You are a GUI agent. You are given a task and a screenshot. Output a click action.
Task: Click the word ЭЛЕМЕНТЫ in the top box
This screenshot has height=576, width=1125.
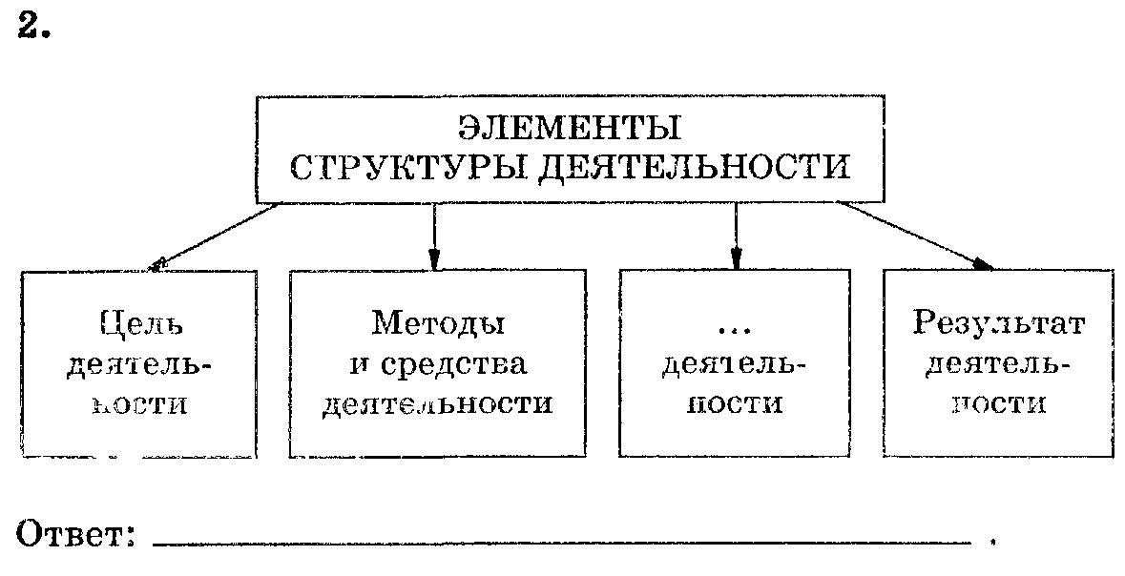(570, 128)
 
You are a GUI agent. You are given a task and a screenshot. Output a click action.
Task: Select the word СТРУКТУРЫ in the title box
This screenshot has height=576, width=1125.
(402, 168)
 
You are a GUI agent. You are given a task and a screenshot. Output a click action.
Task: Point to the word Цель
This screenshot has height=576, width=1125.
(140, 324)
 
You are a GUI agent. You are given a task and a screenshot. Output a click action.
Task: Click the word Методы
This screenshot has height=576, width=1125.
(438, 324)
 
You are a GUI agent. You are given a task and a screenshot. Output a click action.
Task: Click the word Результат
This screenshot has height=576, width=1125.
(998, 324)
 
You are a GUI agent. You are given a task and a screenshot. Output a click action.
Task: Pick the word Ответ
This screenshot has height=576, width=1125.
(74, 532)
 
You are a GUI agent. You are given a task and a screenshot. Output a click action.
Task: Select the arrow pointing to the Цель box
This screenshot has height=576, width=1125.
(215, 237)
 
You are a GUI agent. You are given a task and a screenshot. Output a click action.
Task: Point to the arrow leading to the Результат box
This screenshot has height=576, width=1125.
(916, 235)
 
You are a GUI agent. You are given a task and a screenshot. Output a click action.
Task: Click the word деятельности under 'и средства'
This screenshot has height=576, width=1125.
(438, 403)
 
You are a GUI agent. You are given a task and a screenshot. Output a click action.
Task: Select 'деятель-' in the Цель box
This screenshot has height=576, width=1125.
(140, 365)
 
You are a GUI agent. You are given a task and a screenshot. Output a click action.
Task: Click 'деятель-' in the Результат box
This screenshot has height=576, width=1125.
(998, 365)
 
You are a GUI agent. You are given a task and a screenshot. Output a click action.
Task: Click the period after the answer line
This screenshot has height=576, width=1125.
(993, 544)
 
